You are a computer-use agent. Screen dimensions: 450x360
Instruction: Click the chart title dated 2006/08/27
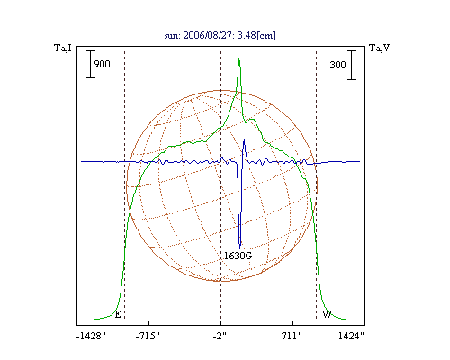pos(220,35)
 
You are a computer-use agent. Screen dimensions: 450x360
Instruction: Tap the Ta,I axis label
pos(63,48)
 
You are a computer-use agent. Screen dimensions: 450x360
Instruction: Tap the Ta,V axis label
pos(379,48)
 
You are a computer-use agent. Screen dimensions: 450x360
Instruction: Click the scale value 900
pos(102,64)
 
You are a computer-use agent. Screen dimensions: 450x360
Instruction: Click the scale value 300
pos(337,65)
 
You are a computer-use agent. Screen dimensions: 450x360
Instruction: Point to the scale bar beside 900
pos(91,64)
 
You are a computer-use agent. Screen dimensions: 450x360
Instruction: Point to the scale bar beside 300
pos(352,65)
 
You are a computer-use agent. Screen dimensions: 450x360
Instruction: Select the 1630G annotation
pos(238,256)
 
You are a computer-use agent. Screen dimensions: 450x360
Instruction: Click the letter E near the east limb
pos(118,314)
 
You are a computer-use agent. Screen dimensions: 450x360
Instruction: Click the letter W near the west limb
pos(327,314)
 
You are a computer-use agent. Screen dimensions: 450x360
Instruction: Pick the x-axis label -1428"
pos(91,336)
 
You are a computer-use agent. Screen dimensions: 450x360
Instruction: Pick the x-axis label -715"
pos(148,336)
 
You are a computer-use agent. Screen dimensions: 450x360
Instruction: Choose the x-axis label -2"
pos(220,336)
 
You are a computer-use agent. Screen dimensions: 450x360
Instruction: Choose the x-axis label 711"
pos(292,336)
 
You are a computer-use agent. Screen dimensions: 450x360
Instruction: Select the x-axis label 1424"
pos(351,336)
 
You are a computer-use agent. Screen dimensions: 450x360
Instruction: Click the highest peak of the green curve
pos(239,59)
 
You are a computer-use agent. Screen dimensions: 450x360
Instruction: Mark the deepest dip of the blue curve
pos(239,248)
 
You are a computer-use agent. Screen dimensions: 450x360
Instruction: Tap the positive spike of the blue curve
pos(244,140)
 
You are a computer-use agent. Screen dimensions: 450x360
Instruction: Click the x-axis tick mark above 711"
pos(293,323)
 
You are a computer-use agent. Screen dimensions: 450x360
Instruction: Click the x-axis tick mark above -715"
pos(149,323)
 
